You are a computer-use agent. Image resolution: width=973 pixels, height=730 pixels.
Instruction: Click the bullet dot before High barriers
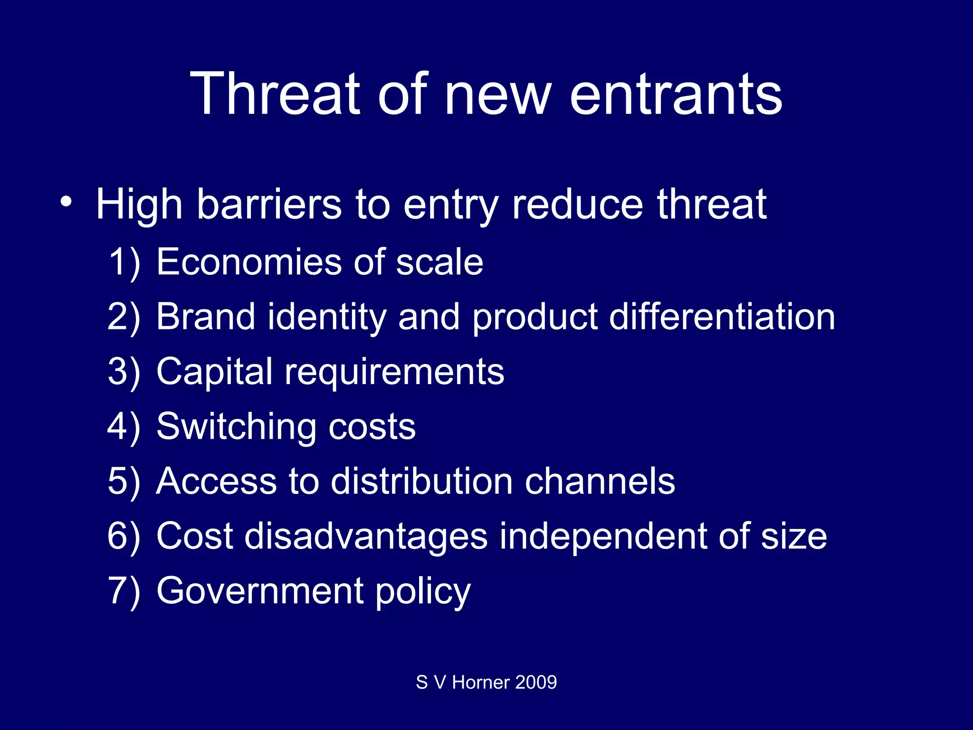point(66,202)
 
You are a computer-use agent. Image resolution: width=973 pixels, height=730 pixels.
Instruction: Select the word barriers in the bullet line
point(269,204)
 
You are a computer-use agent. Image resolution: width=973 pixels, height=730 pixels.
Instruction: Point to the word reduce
point(578,204)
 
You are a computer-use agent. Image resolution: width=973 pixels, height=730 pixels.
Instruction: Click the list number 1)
point(124,263)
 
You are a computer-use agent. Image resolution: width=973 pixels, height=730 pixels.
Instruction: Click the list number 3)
point(124,372)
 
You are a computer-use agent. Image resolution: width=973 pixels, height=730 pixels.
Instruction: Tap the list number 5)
point(124,482)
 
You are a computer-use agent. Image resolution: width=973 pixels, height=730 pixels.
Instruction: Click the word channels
point(600,481)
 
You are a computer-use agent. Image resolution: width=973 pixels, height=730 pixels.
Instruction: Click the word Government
point(260,591)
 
